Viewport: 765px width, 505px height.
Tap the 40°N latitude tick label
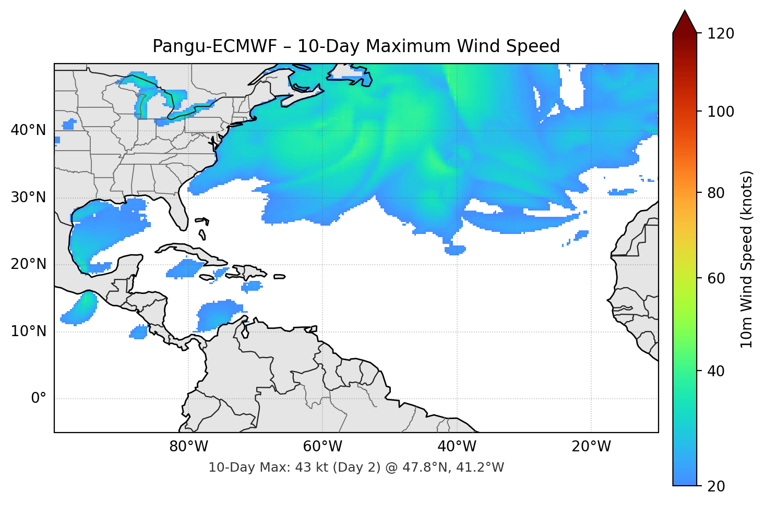pyautogui.click(x=28, y=130)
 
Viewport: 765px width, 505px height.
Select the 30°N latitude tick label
pyautogui.click(x=28, y=198)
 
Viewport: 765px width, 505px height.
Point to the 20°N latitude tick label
pyautogui.click(x=28, y=264)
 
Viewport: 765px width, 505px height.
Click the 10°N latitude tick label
pyautogui.click(x=28, y=331)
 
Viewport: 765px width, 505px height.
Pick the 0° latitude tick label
pyautogui.click(x=39, y=399)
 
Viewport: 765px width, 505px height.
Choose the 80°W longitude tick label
pyautogui.click(x=188, y=447)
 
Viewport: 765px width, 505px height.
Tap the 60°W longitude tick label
pyautogui.click(x=322, y=447)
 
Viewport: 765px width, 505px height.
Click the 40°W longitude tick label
pyautogui.click(x=457, y=447)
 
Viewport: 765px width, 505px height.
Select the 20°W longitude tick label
pyautogui.click(x=591, y=447)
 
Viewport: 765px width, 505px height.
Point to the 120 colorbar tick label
pyautogui.click(x=721, y=33)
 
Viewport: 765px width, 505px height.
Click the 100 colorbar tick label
pyautogui.click(x=721, y=112)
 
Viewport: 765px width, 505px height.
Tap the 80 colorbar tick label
pyautogui.click(x=716, y=193)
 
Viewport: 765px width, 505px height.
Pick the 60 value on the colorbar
pyautogui.click(x=716, y=278)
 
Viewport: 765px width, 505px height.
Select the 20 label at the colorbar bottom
pyautogui.click(x=716, y=486)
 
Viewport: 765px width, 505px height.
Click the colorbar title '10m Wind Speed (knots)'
pyautogui.click(x=747, y=259)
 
